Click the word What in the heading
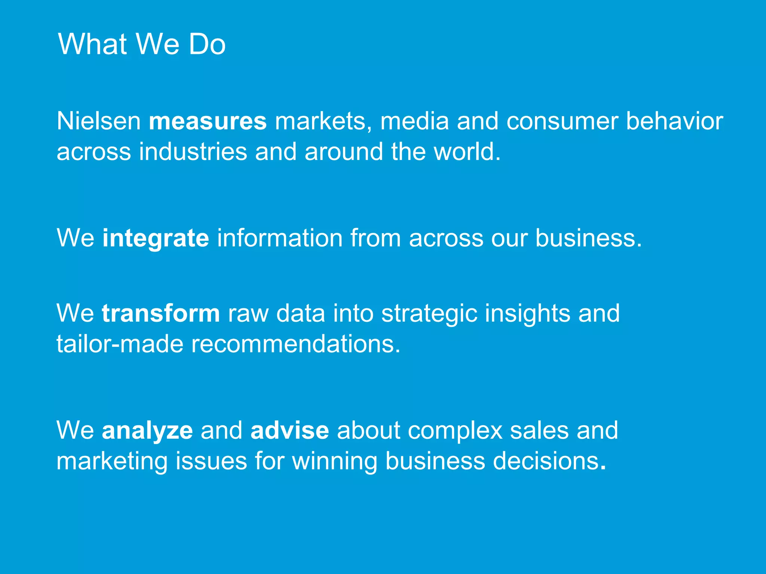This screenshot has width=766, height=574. tap(92, 44)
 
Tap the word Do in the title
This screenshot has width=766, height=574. tap(207, 44)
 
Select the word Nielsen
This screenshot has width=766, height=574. tap(99, 121)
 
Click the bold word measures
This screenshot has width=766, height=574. tap(208, 121)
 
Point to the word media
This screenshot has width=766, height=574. tap(414, 121)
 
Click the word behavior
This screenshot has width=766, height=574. tap(674, 121)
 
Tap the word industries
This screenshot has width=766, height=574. tap(193, 152)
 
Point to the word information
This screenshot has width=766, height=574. tap(280, 238)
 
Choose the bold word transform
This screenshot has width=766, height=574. tap(161, 313)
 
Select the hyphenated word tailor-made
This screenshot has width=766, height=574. tap(120, 344)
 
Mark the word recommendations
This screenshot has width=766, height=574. tap(295, 344)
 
